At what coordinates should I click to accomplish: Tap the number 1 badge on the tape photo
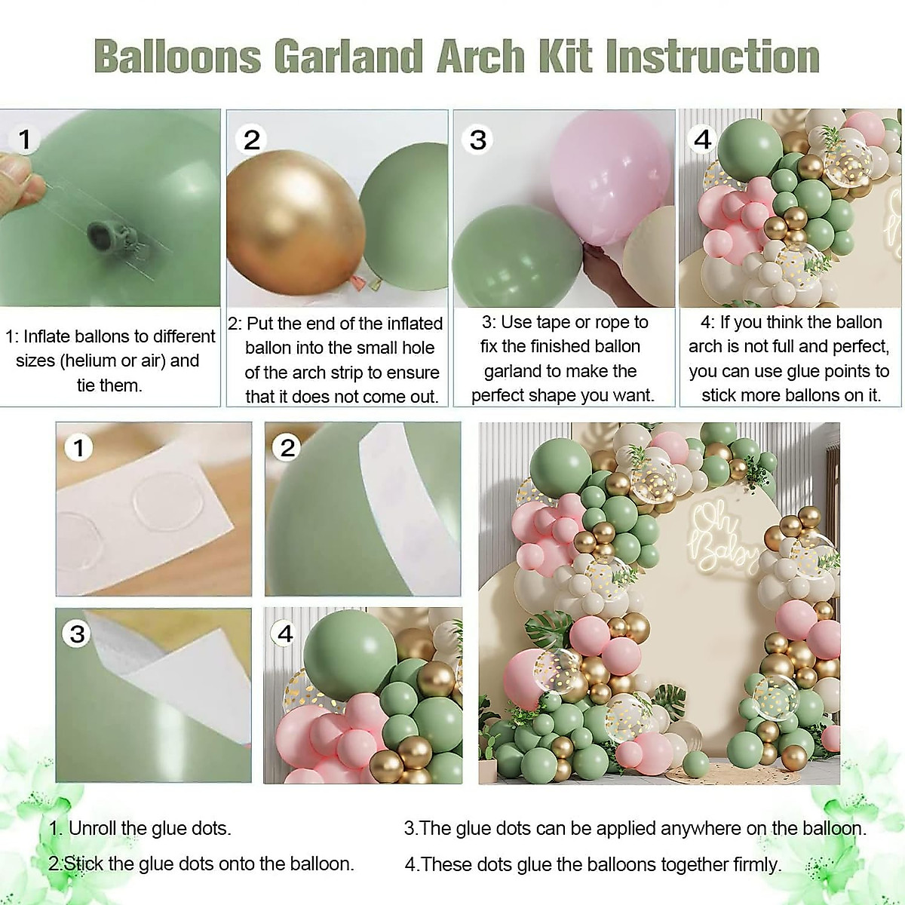pos(26,139)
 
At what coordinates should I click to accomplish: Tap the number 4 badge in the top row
pos(702,139)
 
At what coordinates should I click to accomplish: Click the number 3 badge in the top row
pos(478,140)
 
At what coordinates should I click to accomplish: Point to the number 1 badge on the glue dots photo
pos(78,448)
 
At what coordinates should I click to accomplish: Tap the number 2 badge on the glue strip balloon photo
pos(287,448)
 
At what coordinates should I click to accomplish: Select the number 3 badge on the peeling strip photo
pos(78,633)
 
